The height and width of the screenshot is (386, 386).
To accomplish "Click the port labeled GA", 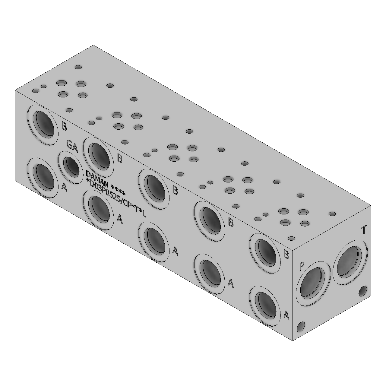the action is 70,167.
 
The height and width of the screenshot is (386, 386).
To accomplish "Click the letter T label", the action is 364,230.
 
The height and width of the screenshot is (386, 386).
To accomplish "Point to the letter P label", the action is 302,266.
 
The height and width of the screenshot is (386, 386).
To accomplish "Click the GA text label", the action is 72,146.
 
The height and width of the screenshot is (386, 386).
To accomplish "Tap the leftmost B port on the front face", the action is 43,125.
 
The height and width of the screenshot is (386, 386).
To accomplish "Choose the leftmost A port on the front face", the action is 43,178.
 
